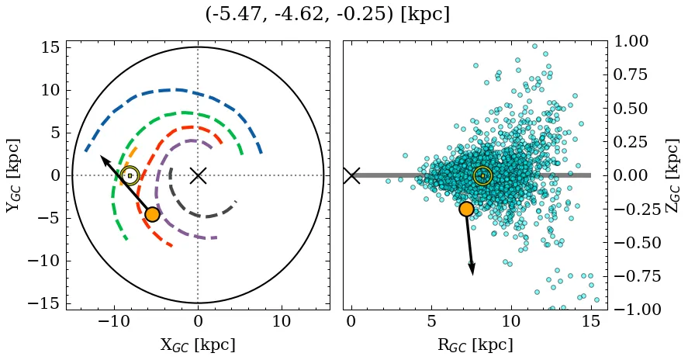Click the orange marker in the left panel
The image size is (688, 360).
pyautogui.click(x=152, y=214)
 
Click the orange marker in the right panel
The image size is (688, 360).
pyautogui.click(x=466, y=209)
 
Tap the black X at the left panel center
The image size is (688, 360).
pyautogui.click(x=198, y=175)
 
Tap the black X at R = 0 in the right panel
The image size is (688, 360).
pyautogui.click(x=351, y=175)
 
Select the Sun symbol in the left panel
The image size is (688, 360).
pyautogui.click(x=130, y=175)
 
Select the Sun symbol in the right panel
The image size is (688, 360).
pyautogui.click(x=482, y=175)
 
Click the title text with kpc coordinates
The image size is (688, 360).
pyautogui.click(x=327, y=15)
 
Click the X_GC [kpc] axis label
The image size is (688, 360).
pyautogui.click(x=198, y=345)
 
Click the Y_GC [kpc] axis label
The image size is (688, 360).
pyautogui.click(x=14, y=175)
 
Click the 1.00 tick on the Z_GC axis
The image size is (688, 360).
pyautogui.click(x=634, y=41)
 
